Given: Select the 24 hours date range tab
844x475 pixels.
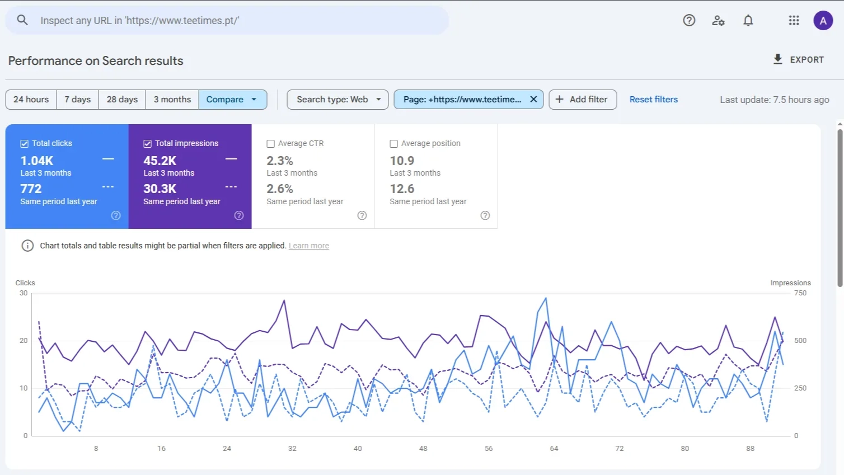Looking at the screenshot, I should pyautogui.click(x=31, y=100).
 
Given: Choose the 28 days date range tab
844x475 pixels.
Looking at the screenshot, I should pyautogui.click(x=122, y=100).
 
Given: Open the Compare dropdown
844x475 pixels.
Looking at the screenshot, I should pyautogui.click(x=232, y=100).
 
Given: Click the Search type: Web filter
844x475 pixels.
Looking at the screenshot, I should pyautogui.click(x=337, y=100).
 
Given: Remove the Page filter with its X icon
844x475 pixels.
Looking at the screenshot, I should pyautogui.click(x=533, y=100).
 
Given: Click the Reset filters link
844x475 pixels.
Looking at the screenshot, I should pyautogui.click(x=653, y=100).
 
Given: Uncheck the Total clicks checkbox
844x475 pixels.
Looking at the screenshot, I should pyautogui.click(x=25, y=144).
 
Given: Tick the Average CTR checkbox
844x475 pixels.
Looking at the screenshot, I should pyautogui.click(x=271, y=144).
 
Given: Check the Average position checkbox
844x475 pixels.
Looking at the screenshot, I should pyautogui.click(x=394, y=144).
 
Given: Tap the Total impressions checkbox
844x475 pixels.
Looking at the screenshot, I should pyautogui.click(x=148, y=144).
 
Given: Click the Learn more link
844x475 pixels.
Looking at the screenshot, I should pyautogui.click(x=308, y=246).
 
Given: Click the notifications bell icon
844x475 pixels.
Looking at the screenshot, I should pyautogui.click(x=748, y=21).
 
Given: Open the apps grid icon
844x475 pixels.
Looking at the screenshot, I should pyautogui.click(x=794, y=21).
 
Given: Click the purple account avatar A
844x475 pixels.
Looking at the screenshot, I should pyautogui.click(x=823, y=21).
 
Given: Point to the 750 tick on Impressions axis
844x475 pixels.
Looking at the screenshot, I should pyautogui.click(x=800, y=293).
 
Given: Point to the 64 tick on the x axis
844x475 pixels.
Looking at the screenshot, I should pyautogui.click(x=554, y=449).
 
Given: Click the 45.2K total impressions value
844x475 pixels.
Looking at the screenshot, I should pyautogui.click(x=160, y=161).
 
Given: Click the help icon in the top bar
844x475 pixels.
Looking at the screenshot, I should pyautogui.click(x=689, y=21).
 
